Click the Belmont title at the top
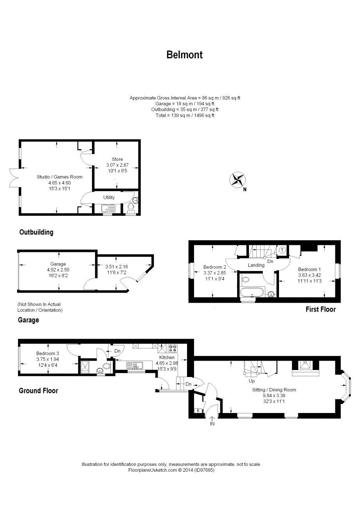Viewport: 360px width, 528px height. (x=184, y=55)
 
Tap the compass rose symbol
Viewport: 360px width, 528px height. (x=238, y=180)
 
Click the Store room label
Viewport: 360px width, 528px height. (x=117, y=159)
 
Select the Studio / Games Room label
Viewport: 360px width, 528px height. (x=59, y=177)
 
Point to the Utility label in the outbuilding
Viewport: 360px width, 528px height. (x=109, y=197)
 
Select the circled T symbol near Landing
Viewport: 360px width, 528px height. (x=282, y=250)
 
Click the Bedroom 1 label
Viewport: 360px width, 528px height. (x=309, y=269)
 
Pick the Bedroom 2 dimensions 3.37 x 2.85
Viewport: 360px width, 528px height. (x=214, y=273)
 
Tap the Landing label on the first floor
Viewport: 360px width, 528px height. (x=256, y=265)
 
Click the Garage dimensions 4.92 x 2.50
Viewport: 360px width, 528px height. (x=58, y=269)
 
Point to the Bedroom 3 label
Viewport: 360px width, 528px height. (x=48, y=353)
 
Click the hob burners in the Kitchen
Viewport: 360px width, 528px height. (x=173, y=348)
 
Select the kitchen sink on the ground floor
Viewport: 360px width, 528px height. (x=134, y=366)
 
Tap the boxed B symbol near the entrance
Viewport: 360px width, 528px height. (x=198, y=411)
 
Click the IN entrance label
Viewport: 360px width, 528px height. (x=212, y=424)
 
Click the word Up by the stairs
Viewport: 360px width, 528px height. (x=252, y=381)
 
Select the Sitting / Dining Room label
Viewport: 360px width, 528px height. (x=274, y=390)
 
